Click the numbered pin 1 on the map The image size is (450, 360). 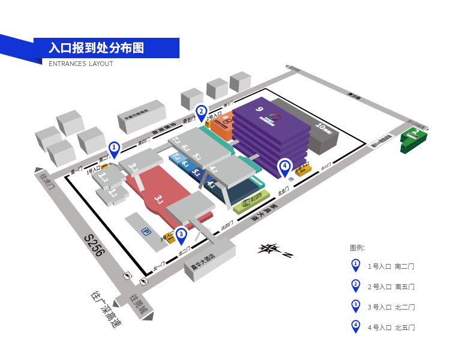pos(114,148)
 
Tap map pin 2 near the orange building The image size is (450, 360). pos(202,112)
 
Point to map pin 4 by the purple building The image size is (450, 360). pos(284,166)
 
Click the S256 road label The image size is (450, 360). pos(94,245)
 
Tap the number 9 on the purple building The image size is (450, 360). pos(259,109)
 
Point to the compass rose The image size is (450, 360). pos(271,249)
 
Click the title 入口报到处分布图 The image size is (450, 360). pos(97,47)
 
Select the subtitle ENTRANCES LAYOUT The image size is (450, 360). pos(81,64)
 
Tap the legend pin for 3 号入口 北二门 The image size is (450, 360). pos(356,306)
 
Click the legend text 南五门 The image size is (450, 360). pos(405,286)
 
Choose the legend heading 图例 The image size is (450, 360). pos(357,247)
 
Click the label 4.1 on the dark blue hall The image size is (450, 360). pos(210,185)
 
